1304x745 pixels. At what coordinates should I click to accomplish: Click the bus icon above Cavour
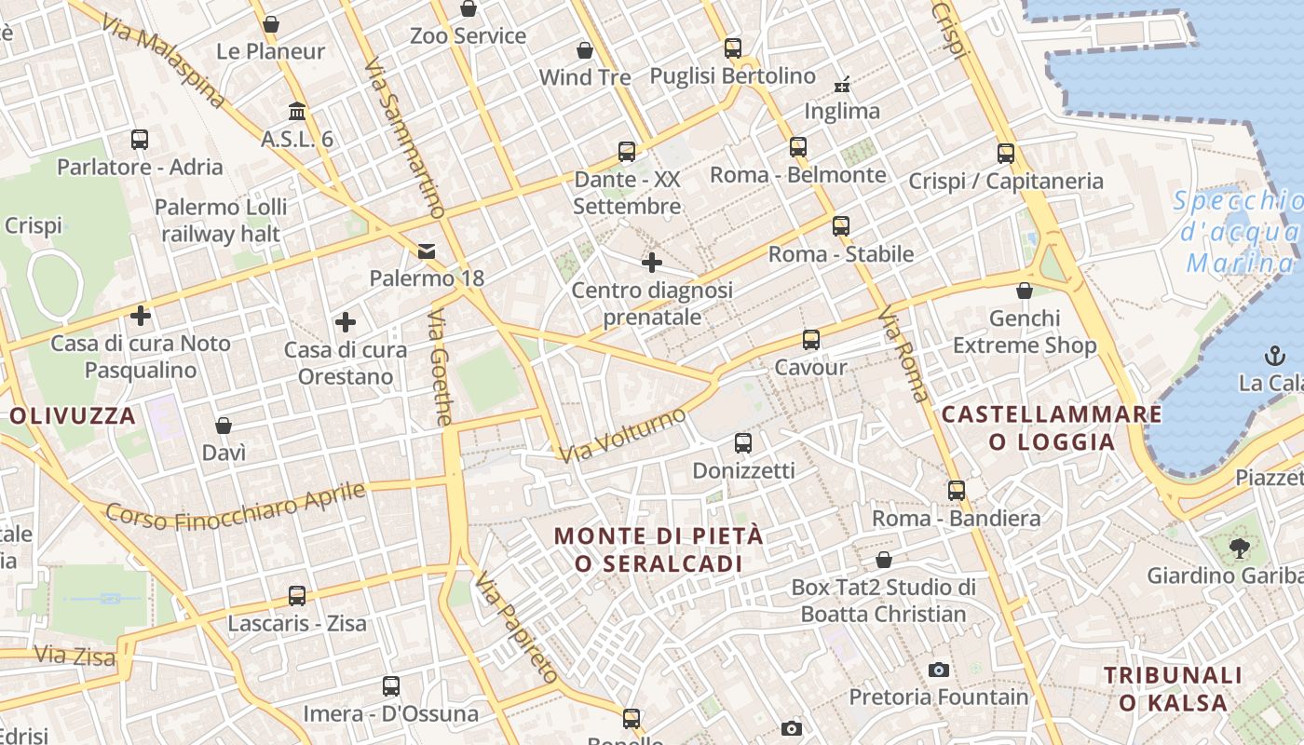(x=811, y=340)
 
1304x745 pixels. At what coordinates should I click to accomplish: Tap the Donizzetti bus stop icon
(x=742, y=443)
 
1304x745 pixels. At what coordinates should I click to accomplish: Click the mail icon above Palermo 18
(x=427, y=251)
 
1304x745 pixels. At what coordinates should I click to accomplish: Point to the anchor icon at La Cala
(x=1274, y=355)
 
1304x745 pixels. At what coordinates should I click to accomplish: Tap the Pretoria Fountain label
(x=938, y=697)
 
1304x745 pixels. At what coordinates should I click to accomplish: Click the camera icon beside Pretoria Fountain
(x=939, y=670)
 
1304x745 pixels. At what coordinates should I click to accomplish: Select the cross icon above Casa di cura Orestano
(x=346, y=322)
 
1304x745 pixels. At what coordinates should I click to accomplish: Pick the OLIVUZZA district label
(x=74, y=415)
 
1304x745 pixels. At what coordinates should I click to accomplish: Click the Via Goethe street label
(x=441, y=367)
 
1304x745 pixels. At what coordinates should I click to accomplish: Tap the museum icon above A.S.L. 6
(x=297, y=112)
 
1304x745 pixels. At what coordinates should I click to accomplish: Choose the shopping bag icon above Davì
(x=224, y=426)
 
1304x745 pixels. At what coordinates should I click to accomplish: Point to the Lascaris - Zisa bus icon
(x=297, y=596)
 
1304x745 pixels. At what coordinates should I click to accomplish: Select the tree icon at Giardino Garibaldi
(x=1239, y=549)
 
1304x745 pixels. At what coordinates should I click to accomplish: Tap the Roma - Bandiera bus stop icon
(x=956, y=491)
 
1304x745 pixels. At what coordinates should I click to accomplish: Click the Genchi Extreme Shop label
(x=1025, y=332)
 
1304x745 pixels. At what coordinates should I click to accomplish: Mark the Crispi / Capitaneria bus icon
(x=1006, y=154)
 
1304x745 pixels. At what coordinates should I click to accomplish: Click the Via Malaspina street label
(x=162, y=61)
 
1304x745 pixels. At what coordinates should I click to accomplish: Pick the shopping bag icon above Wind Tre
(x=585, y=50)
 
